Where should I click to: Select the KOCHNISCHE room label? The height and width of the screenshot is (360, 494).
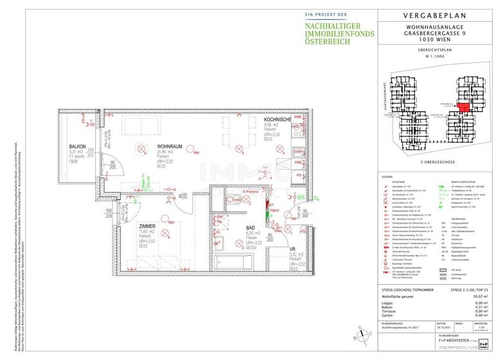278,120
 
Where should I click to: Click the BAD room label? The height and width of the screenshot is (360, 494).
252,228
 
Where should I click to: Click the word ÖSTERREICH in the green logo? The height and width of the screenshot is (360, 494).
328,41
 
